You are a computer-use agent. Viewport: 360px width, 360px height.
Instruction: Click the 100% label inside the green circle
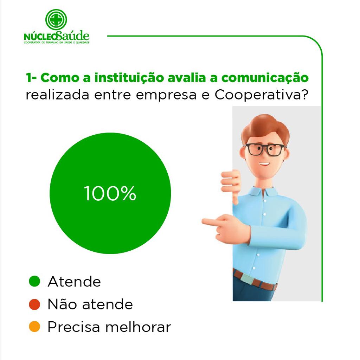point(110,193)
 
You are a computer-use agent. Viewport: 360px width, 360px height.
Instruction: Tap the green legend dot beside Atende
point(35,281)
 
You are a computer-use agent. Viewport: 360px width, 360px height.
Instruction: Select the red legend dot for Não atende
point(35,304)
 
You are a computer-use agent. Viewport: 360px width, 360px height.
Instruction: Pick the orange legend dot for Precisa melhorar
point(35,327)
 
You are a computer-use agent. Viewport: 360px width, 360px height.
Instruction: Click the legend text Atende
point(75,282)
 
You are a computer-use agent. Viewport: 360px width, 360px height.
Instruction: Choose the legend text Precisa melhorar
point(109,327)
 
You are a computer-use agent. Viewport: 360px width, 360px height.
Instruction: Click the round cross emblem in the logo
point(56,20)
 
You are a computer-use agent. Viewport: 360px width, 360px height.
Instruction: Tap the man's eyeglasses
point(264,149)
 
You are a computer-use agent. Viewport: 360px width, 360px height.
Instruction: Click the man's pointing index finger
point(211,222)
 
